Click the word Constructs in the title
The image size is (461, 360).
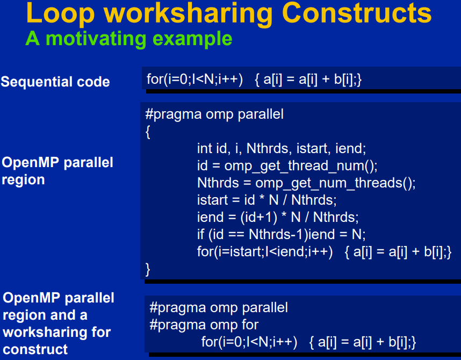click(x=357, y=13)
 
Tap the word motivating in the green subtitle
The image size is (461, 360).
click(x=96, y=39)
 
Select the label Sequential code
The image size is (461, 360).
click(x=55, y=82)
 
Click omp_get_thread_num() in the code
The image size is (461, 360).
click(x=301, y=166)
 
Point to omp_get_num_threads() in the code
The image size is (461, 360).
click(x=335, y=183)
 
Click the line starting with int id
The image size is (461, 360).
click(x=282, y=148)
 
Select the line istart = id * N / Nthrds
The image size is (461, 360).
click(x=266, y=200)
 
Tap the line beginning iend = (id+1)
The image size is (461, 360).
click(x=278, y=218)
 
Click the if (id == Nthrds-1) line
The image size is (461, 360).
click(x=282, y=235)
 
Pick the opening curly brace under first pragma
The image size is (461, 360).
click(x=148, y=132)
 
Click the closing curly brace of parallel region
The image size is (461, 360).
click(x=148, y=269)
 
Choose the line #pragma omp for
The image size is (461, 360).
click(x=204, y=325)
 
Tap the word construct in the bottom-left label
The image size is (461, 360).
click(x=35, y=349)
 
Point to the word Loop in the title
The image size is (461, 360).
click(x=60, y=14)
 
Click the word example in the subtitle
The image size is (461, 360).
click(x=192, y=39)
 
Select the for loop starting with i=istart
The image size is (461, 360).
click(x=324, y=252)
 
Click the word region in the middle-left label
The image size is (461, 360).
click(x=23, y=180)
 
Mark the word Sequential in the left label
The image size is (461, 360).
click(x=37, y=82)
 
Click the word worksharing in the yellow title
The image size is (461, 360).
click(x=189, y=14)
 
